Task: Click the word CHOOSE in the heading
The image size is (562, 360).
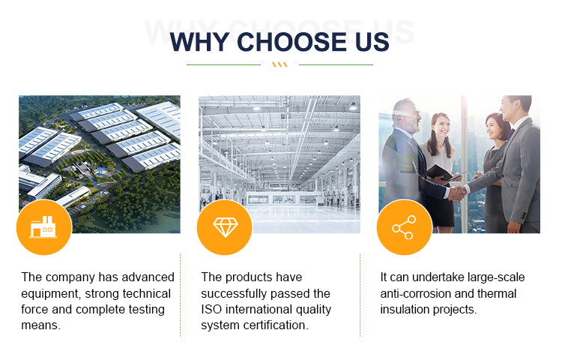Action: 291,42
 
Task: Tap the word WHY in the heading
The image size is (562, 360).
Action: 199,42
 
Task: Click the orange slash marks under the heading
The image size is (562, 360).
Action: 280,64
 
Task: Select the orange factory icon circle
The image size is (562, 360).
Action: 44,227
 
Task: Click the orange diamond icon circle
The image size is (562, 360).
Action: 225,227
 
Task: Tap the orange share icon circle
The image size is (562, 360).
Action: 405,227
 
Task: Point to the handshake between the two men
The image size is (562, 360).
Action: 457,193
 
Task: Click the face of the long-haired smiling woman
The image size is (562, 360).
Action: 441,127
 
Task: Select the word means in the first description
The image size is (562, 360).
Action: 40,325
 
